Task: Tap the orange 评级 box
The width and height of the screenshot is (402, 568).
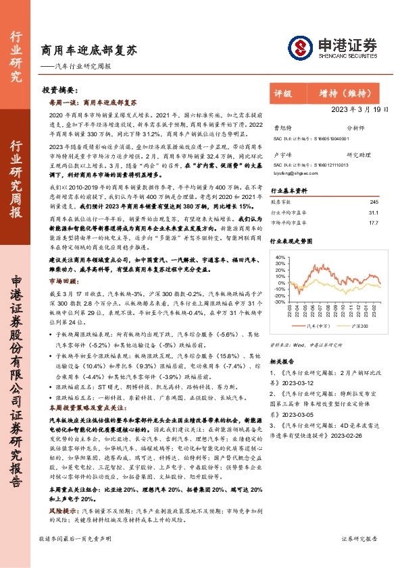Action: pyautogui.click(x=283, y=94)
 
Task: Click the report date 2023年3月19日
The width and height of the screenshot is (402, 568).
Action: pyautogui.click(x=361, y=109)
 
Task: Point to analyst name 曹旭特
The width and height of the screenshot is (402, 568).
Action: pyautogui.click(x=282, y=127)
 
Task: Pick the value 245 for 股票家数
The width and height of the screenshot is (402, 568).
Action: pyautogui.click(x=374, y=202)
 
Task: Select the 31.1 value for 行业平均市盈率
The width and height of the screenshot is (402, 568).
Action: pyautogui.click(x=374, y=212)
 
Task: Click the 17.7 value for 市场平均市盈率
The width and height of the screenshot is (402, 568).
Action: pyautogui.click(x=374, y=222)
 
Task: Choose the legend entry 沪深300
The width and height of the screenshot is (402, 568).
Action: pyautogui.click(x=359, y=325)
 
